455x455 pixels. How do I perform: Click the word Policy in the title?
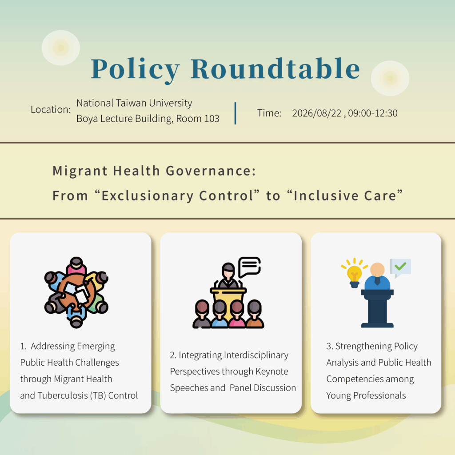pyautogui.click(x=135, y=70)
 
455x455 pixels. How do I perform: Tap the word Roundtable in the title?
pyautogui.click(x=275, y=68)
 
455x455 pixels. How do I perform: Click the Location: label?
pyautogui.click(x=51, y=109)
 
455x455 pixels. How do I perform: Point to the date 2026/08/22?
pyautogui.click(x=316, y=113)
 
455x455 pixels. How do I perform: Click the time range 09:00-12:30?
pyautogui.click(x=373, y=113)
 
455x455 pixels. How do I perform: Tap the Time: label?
pyautogui.click(x=269, y=113)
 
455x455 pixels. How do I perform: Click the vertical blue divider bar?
pyautogui.click(x=235, y=113)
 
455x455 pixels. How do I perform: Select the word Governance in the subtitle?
pyautogui.click(x=210, y=171)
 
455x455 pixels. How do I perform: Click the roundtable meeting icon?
pyautogui.click(x=76, y=292)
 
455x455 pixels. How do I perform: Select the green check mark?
pyautogui.click(x=400, y=266)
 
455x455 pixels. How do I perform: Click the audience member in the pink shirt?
pyautogui.click(x=237, y=314)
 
